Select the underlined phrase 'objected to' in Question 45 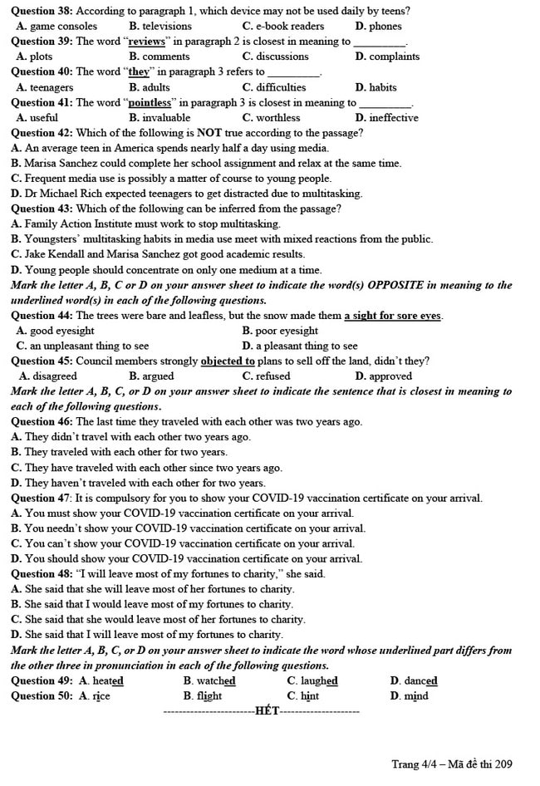228,361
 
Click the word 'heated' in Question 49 107,680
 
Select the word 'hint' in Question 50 309,695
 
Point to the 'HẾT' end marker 267,710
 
